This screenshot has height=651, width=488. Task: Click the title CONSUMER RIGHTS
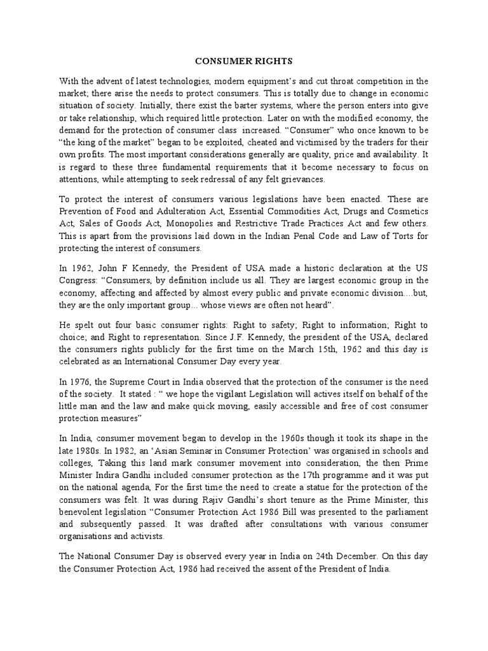coord(243,62)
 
